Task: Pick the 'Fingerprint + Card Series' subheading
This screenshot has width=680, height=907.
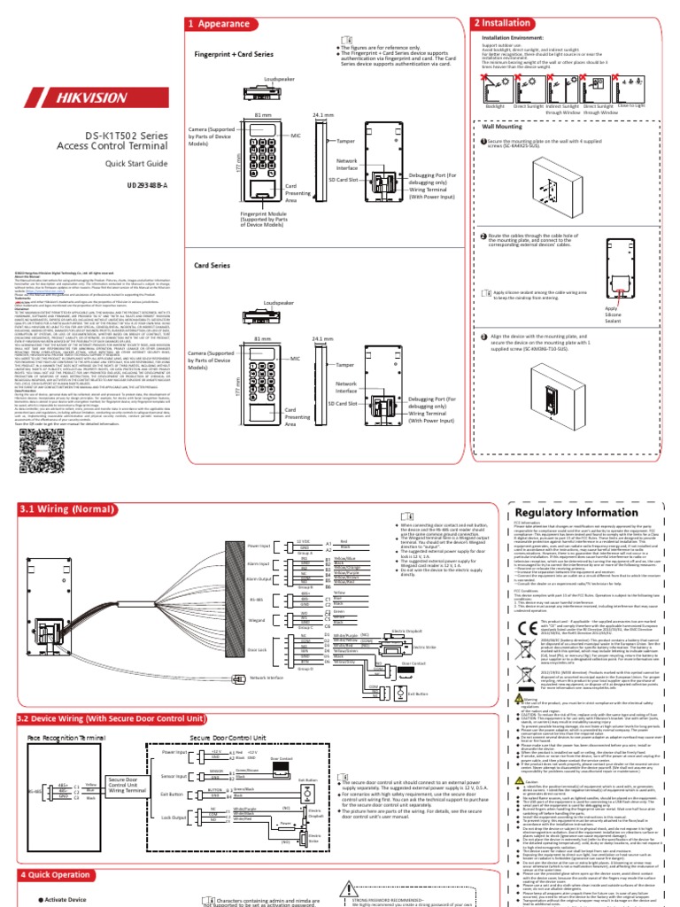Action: click(235, 54)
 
